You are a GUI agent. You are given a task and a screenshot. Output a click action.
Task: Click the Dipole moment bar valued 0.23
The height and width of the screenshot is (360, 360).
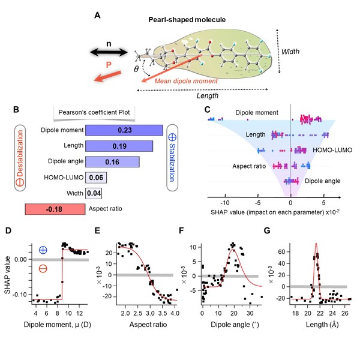point(125,130)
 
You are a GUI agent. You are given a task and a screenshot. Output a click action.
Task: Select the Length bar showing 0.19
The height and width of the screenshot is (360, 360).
point(120,146)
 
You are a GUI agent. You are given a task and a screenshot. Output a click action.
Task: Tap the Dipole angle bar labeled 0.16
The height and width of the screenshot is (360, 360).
point(113,161)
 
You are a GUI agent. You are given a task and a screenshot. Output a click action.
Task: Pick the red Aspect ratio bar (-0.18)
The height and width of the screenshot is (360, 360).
point(55,209)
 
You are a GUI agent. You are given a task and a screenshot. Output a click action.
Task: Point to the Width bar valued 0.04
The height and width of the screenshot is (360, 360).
point(94,193)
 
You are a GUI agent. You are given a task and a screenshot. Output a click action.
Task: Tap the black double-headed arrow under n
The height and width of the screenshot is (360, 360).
point(109,53)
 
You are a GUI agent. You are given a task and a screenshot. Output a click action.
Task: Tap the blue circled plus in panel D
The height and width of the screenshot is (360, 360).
point(44,250)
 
